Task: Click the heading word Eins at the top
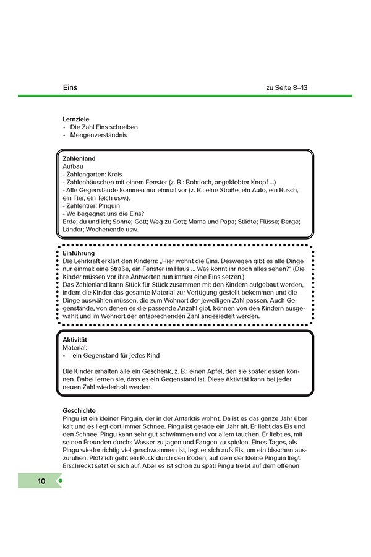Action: tap(70, 87)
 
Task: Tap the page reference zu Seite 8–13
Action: tap(286, 87)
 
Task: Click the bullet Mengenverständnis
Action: tap(99, 135)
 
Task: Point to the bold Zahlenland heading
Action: tap(79, 159)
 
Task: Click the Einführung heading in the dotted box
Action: tap(79, 253)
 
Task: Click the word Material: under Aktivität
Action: tap(77, 348)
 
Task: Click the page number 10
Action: tap(41, 481)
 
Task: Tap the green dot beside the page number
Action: tap(60, 481)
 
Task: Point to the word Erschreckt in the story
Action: tap(80, 467)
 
